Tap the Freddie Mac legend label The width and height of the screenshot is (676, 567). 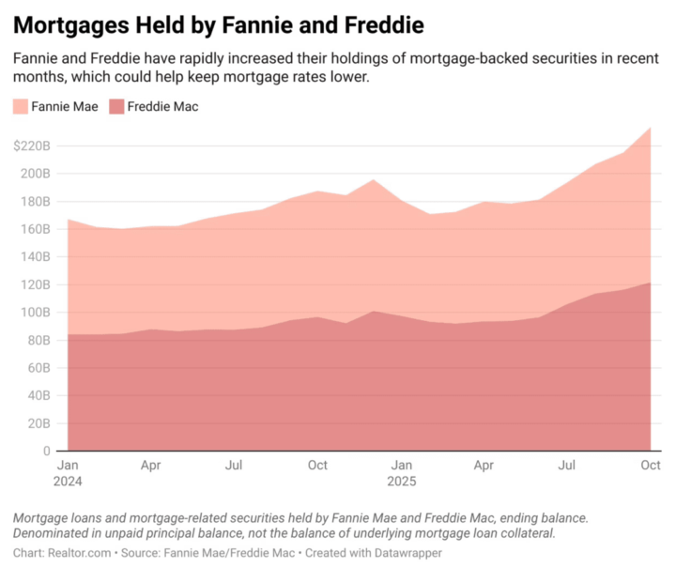(x=162, y=107)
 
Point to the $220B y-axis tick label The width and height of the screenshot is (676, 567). (x=32, y=146)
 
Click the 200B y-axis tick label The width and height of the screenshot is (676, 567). (x=36, y=174)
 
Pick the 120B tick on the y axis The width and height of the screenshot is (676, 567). (x=36, y=284)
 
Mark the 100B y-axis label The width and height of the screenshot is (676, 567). (x=36, y=313)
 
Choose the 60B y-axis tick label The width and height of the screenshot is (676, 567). (x=38, y=368)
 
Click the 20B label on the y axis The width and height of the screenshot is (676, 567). (x=38, y=423)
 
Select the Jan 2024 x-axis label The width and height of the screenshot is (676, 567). (x=68, y=472)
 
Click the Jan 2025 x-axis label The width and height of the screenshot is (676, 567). (x=401, y=472)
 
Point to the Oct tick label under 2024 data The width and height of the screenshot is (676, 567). (x=318, y=465)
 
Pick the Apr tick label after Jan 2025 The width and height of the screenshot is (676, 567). (x=484, y=465)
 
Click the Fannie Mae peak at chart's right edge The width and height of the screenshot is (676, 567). (x=651, y=128)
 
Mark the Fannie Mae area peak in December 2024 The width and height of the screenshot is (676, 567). (x=373, y=180)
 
